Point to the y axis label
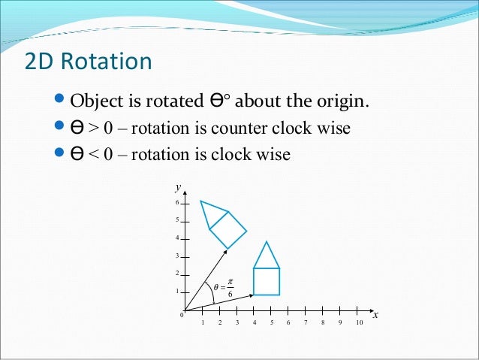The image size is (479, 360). click(177, 186)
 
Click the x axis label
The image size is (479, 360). click(375, 315)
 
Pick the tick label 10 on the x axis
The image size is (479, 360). click(359, 322)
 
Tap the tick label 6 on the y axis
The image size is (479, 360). click(176, 203)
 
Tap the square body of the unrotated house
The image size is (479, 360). click(267, 281)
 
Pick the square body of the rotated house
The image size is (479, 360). click(227, 229)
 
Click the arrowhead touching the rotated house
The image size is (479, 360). click(224, 250)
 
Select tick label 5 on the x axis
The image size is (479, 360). click(272, 322)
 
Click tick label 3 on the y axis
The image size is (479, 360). click(176, 256)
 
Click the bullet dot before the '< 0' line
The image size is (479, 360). click(61, 154)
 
